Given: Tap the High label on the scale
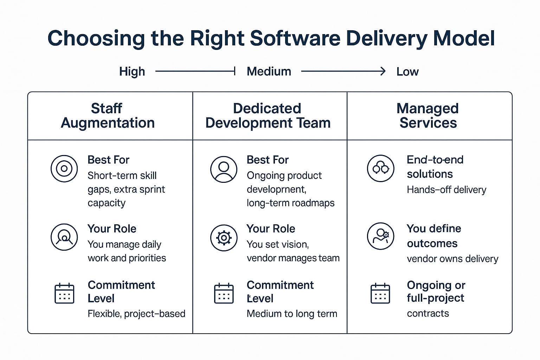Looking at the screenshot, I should click(132, 71).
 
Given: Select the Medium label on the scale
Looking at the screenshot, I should click(269, 71).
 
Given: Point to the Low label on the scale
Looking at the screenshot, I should click(407, 72).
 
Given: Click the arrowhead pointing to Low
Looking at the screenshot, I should click(382, 71).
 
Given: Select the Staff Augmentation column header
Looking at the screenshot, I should click(108, 116).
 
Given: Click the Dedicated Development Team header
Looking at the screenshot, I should click(268, 116).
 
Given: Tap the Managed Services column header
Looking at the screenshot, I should click(428, 116).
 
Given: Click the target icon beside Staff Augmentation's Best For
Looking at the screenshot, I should click(64, 169).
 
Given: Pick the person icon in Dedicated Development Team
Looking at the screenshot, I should click(224, 169).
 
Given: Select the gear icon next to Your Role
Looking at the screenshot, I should click(224, 238).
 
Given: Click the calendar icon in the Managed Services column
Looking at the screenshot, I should click(380, 293).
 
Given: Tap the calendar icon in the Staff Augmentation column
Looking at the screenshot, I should click(64, 293).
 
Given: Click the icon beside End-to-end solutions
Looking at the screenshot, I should click(380, 168).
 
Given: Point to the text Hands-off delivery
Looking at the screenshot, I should click(446, 190).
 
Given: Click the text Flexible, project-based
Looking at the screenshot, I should click(136, 314).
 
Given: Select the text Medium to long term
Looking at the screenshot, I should click(292, 314).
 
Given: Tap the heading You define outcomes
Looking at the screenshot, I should click(433, 236).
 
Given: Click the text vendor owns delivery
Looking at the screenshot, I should click(452, 259).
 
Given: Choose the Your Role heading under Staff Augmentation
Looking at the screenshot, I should click(112, 229).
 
